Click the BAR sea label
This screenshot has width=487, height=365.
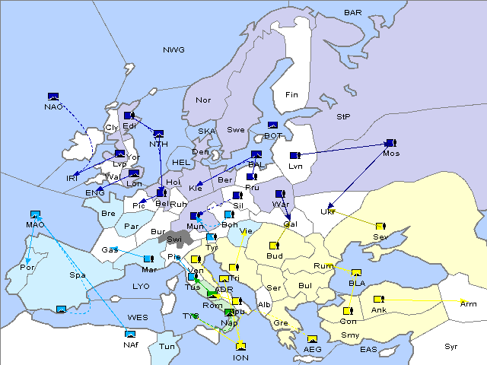tap(353, 12)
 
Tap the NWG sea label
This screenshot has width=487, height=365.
tap(173, 49)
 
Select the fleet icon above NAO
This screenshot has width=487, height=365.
tap(53, 96)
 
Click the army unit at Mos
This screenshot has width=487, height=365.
tap(390, 143)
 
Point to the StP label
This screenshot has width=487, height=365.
tap(343, 117)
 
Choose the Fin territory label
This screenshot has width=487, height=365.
tap(291, 95)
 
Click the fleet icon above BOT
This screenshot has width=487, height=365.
tap(272, 125)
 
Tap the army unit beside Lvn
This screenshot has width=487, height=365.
tap(294, 155)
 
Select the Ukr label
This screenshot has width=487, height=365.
tap(328, 211)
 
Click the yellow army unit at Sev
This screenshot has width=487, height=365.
tap(380, 226)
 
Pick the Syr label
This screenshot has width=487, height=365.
tap(451, 346)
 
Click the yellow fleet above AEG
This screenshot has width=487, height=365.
tap(312, 339)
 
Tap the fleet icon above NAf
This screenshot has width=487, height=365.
tap(130, 333)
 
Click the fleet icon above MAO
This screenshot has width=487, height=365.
tap(34, 214)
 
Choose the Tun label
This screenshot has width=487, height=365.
tap(167, 346)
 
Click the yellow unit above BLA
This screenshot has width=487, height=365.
tap(356, 273)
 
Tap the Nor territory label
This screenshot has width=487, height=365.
tap(203, 100)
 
